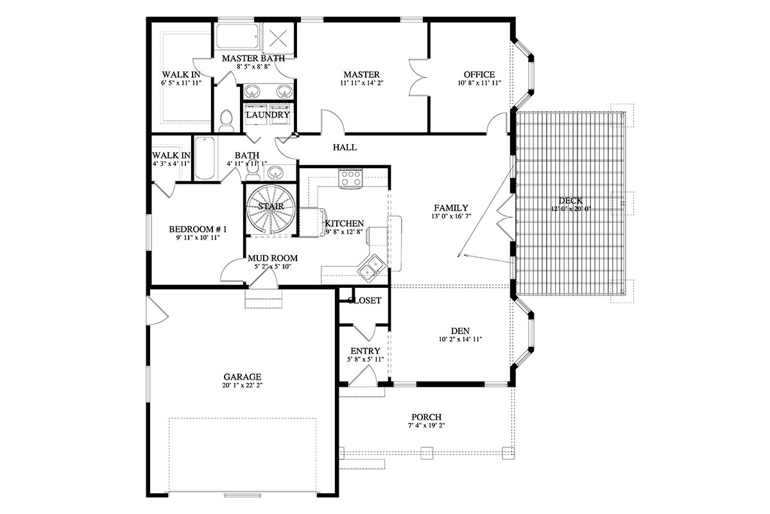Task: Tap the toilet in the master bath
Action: click(226, 120)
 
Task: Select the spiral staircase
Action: click(271, 209)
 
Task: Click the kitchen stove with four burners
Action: click(350, 179)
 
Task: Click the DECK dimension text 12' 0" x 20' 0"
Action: click(570, 209)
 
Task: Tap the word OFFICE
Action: click(479, 75)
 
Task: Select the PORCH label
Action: click(427, 417)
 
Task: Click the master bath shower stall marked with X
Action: click(278, 38)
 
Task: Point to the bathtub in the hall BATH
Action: click(205, 158)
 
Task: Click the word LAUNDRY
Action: click(268, 114)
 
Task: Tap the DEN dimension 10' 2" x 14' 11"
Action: click(460, 339)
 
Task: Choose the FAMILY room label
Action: click(451, 208)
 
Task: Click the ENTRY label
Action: click(365, 351)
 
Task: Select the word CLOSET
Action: click(364, 301)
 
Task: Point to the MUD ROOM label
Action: click(273, 258)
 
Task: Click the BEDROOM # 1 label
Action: click(198, 229)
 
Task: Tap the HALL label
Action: click(345, 147)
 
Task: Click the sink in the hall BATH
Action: click(275, 172)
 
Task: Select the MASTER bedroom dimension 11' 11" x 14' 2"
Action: click(362, 83)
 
